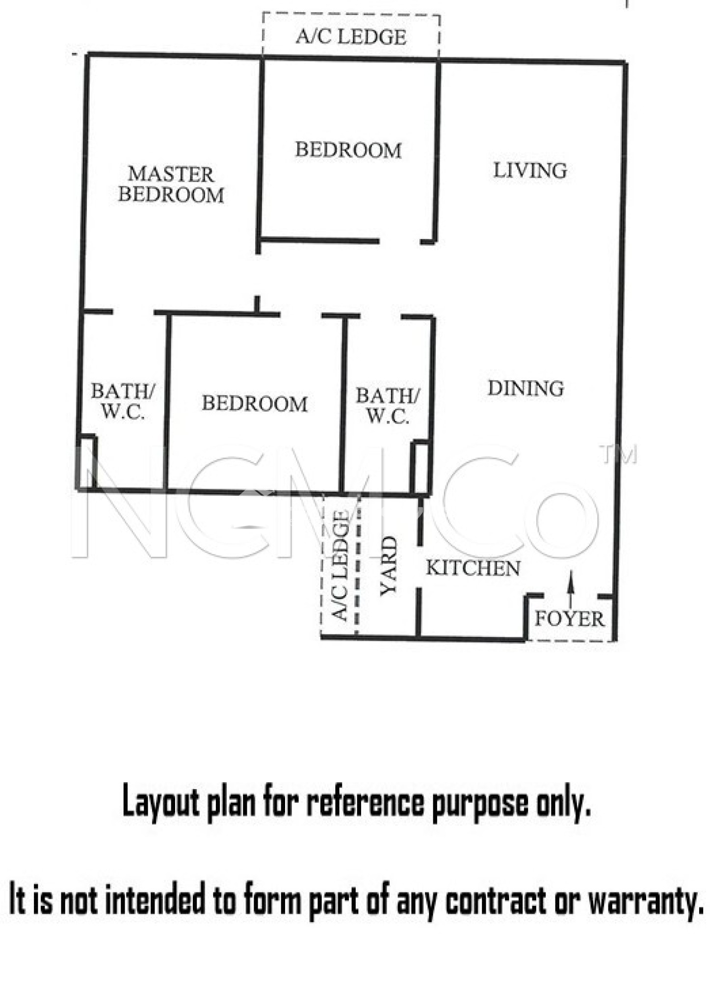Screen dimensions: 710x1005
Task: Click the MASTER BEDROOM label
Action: point(171,185)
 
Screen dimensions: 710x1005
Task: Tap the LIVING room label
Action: point(530,170)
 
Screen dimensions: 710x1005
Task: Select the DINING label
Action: point(526,388)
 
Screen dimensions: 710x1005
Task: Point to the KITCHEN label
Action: point(473,568)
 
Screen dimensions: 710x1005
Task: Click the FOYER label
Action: point(569,619)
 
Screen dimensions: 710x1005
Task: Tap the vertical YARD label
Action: point(389,565)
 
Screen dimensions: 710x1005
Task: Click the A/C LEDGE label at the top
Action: point(351,37)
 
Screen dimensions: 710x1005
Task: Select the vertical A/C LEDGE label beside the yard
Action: point(341,565)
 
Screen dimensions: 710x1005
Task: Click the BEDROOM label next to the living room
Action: point(348,150)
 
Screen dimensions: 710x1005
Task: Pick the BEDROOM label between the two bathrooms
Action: point(255,403)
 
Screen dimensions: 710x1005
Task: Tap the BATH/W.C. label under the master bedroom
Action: point(123,401)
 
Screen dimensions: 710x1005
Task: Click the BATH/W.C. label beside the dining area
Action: point(388,405)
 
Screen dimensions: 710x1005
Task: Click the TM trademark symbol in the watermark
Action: point(619,454)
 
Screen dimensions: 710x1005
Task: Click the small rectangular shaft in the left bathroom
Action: point(87,462)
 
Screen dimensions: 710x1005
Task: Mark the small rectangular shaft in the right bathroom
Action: point(420,468)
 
